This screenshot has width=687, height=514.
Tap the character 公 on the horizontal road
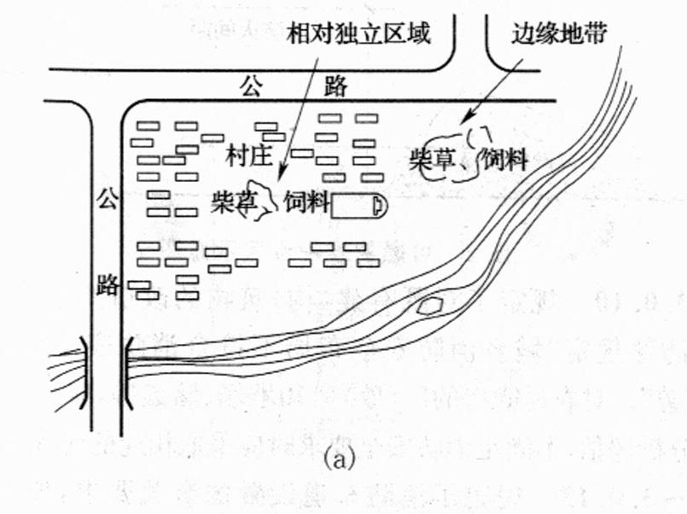click(248, 85)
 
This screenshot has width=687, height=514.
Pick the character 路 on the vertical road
click(106, 283)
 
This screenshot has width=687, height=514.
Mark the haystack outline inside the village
click(260, 198)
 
